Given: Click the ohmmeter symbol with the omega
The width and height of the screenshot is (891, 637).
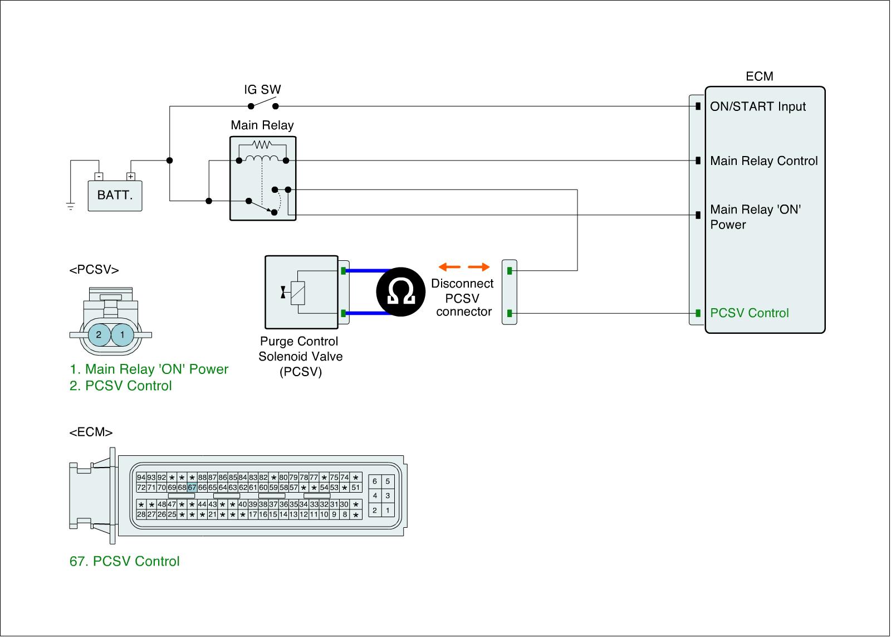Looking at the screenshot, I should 400,292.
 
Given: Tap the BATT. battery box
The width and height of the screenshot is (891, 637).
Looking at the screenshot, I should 115,196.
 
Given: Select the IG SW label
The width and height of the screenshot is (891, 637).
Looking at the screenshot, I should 262,89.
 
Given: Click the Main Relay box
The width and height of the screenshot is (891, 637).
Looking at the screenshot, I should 263,178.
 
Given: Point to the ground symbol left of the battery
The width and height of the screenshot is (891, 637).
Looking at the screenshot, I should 71,207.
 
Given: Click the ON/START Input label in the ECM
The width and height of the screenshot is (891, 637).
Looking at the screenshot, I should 757,106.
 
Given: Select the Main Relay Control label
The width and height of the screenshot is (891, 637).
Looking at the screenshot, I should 763,161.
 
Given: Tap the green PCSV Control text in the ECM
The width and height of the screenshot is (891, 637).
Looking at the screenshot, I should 749,313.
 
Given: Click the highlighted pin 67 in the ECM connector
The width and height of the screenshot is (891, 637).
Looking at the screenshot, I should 192,487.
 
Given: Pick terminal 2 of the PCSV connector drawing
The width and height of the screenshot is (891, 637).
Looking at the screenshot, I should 99,335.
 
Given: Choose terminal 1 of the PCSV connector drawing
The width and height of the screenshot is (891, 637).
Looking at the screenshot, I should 122,335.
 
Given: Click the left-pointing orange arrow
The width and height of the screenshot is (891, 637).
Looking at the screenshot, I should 449,266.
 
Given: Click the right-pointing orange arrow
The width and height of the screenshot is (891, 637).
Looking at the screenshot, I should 478,266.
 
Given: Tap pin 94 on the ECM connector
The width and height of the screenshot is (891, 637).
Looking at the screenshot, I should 141,478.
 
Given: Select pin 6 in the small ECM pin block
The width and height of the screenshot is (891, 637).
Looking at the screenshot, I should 375,482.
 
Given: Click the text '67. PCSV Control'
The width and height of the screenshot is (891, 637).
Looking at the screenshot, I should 124,561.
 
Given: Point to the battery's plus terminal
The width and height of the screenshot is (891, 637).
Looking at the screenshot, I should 130,177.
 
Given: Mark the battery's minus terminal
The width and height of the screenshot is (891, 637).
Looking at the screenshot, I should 99,177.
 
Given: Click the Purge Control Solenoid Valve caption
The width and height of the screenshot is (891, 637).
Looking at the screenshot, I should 300,357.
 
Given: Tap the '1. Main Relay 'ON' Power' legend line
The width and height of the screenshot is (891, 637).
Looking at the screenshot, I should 149,369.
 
